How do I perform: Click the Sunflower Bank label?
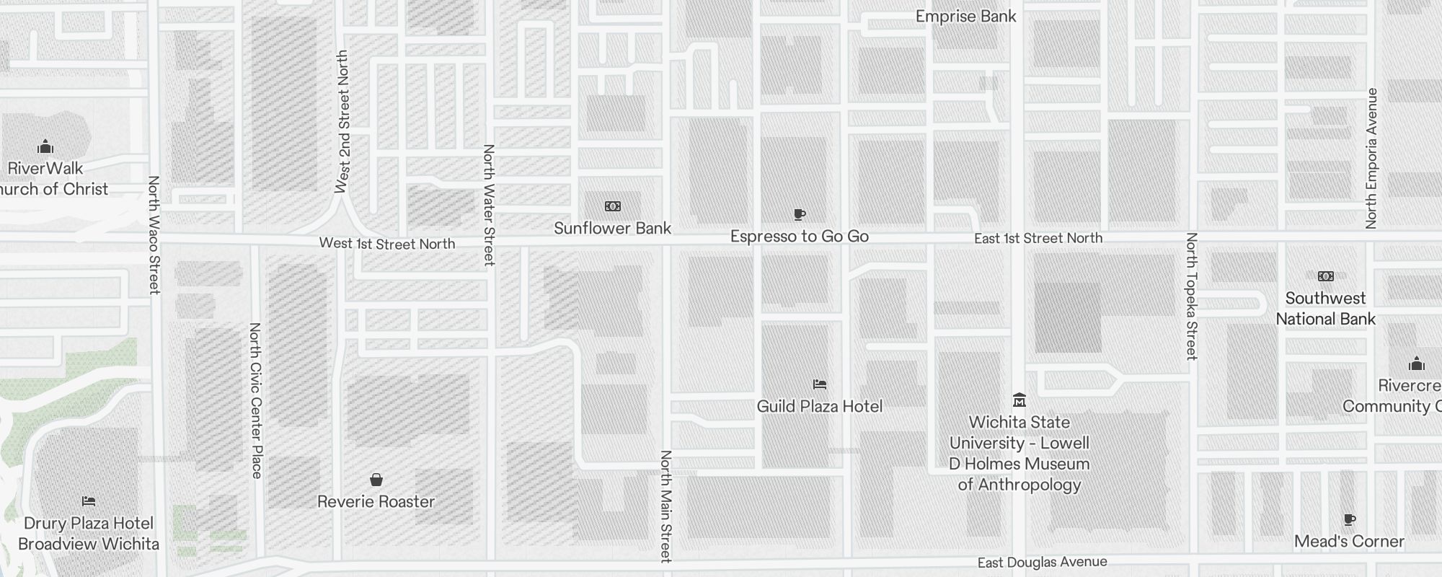612,229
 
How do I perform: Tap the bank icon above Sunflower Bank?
612,206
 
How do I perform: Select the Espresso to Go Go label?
799,237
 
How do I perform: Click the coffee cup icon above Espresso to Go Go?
799,214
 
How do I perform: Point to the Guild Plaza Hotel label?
819,406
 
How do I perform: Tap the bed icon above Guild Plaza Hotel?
819,384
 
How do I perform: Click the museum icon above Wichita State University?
1019,400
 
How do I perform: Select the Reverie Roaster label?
376,502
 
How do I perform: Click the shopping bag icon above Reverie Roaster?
376,480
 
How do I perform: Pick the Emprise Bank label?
965,17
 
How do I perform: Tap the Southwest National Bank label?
1325,309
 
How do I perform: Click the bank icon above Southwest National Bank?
1325,276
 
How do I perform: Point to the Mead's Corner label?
1349,542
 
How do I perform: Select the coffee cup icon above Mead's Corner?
1350,520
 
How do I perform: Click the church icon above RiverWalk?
45,147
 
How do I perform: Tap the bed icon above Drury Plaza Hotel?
89,501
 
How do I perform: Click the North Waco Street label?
154,235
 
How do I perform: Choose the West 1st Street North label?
387,244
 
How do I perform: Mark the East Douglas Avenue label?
1042,562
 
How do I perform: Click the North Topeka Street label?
1191,296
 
